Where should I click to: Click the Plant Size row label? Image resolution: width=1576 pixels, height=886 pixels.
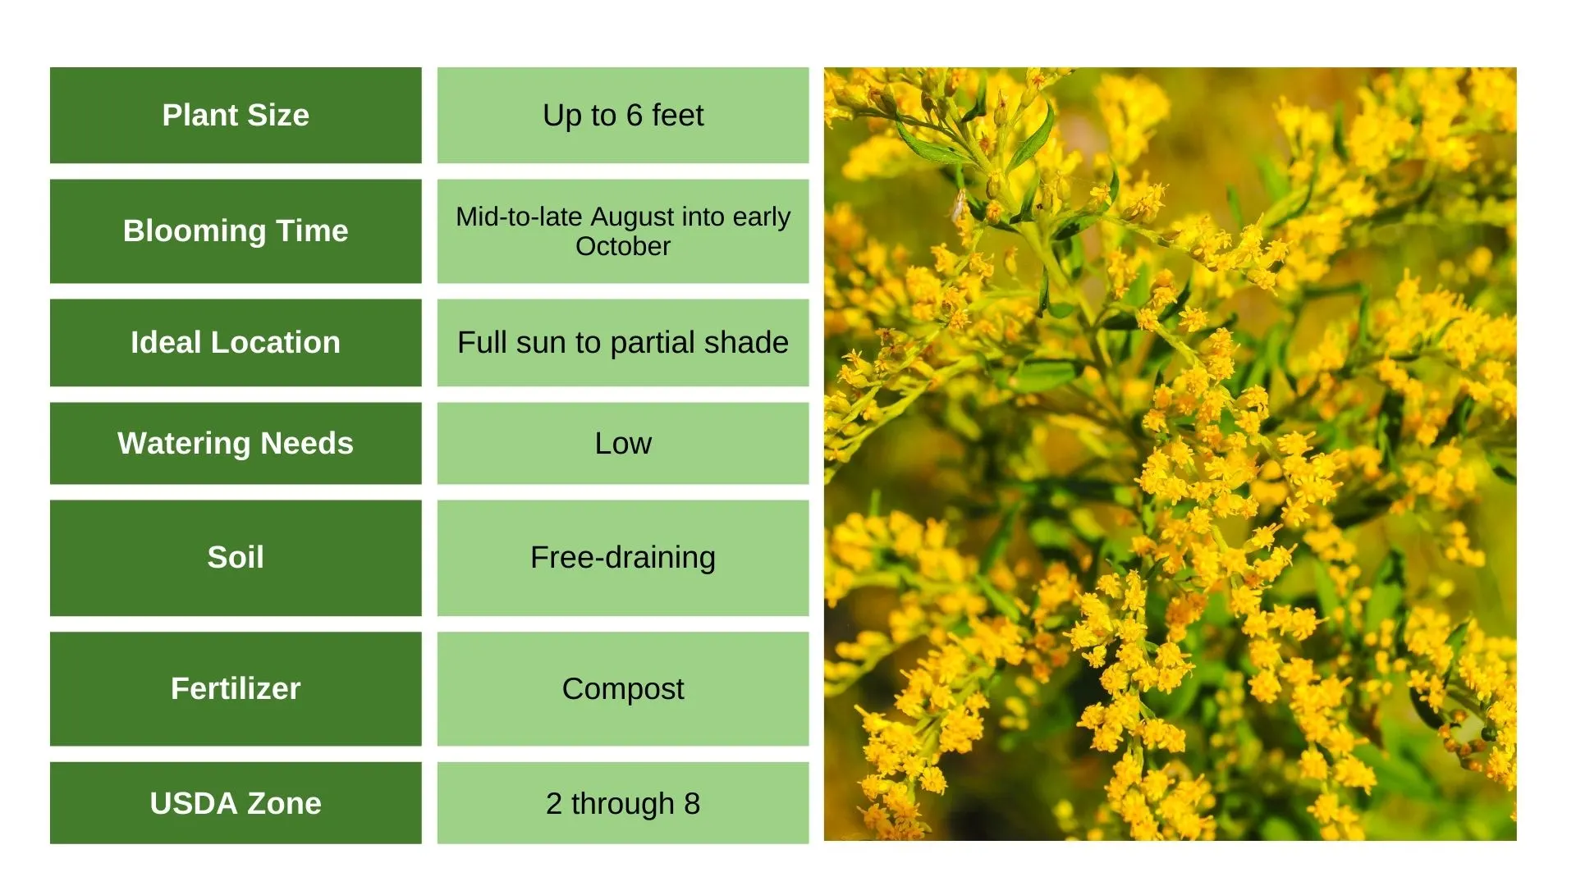tap(236, 116)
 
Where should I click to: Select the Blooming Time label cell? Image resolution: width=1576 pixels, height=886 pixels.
tap(236, 231)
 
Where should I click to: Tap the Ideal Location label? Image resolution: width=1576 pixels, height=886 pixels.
tap(236, 343)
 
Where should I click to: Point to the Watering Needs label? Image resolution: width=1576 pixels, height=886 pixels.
tap(236, 444)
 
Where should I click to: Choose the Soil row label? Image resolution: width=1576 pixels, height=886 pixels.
tap(236, 558)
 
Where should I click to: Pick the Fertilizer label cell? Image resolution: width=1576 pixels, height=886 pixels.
tap(236, 689)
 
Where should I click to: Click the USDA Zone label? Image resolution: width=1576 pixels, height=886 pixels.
tap(236, 803)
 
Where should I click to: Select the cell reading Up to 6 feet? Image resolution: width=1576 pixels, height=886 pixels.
tap(623, 116)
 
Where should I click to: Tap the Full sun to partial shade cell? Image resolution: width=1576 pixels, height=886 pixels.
tap(623, 343)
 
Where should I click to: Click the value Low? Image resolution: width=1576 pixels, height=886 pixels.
tap(623, 444)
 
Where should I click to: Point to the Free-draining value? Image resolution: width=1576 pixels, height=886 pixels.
tap(623, 558)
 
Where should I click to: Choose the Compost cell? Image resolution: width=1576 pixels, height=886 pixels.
tap(623, 689)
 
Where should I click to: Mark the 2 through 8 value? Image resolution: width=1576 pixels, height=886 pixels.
tap(623, 803)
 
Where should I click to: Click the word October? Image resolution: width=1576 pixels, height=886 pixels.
tap(623, 246)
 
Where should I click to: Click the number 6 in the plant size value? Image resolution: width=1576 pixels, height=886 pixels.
tap(634, 116)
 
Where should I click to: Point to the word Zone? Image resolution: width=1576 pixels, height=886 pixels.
tap(284, 803)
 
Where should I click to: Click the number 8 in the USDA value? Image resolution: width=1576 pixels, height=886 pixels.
tap(692, 803)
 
